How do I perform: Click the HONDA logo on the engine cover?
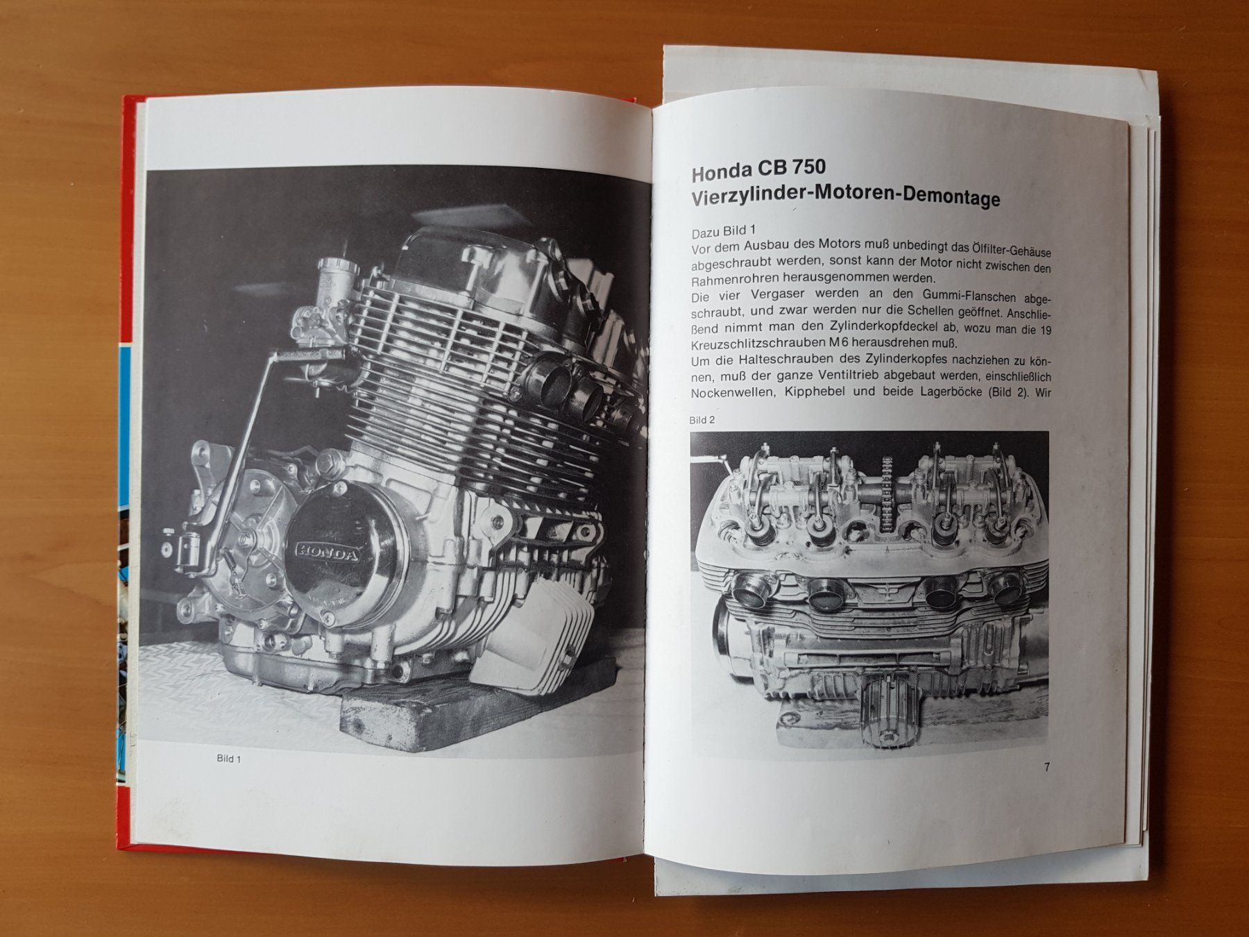click(x=328, y=552)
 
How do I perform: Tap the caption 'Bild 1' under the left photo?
click(x=228, y=759)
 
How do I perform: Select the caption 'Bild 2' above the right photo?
click(x=702, y=420)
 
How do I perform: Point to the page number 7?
click(x=1048, y=766)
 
